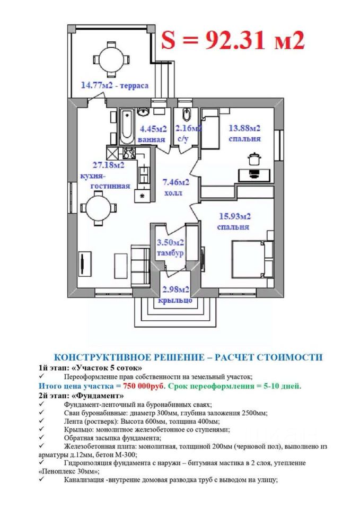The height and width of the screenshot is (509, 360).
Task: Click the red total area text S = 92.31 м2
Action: (x=233, y=40)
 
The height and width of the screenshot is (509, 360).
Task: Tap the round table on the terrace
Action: (x=111, y=60)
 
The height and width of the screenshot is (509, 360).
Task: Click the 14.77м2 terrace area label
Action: (x=115, y=86)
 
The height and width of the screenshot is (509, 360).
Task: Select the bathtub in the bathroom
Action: (x=127, y=127)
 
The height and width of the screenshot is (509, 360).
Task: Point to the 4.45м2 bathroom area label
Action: (x=153, y=129)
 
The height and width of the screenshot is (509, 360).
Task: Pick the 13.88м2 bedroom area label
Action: (x=244, y=128)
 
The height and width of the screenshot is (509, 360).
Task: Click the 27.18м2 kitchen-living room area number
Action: (x=108, y=165)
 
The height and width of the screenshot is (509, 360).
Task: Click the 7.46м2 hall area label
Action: (x=176, y=182)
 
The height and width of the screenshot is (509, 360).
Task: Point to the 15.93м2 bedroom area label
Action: (x=235, y=216)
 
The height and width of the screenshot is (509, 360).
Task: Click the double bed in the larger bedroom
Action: (x=252, y=259)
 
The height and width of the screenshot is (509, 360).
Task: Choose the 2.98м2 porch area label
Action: (x=175, y=289)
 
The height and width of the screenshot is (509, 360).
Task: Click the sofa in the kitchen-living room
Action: (x=140, y=266)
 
